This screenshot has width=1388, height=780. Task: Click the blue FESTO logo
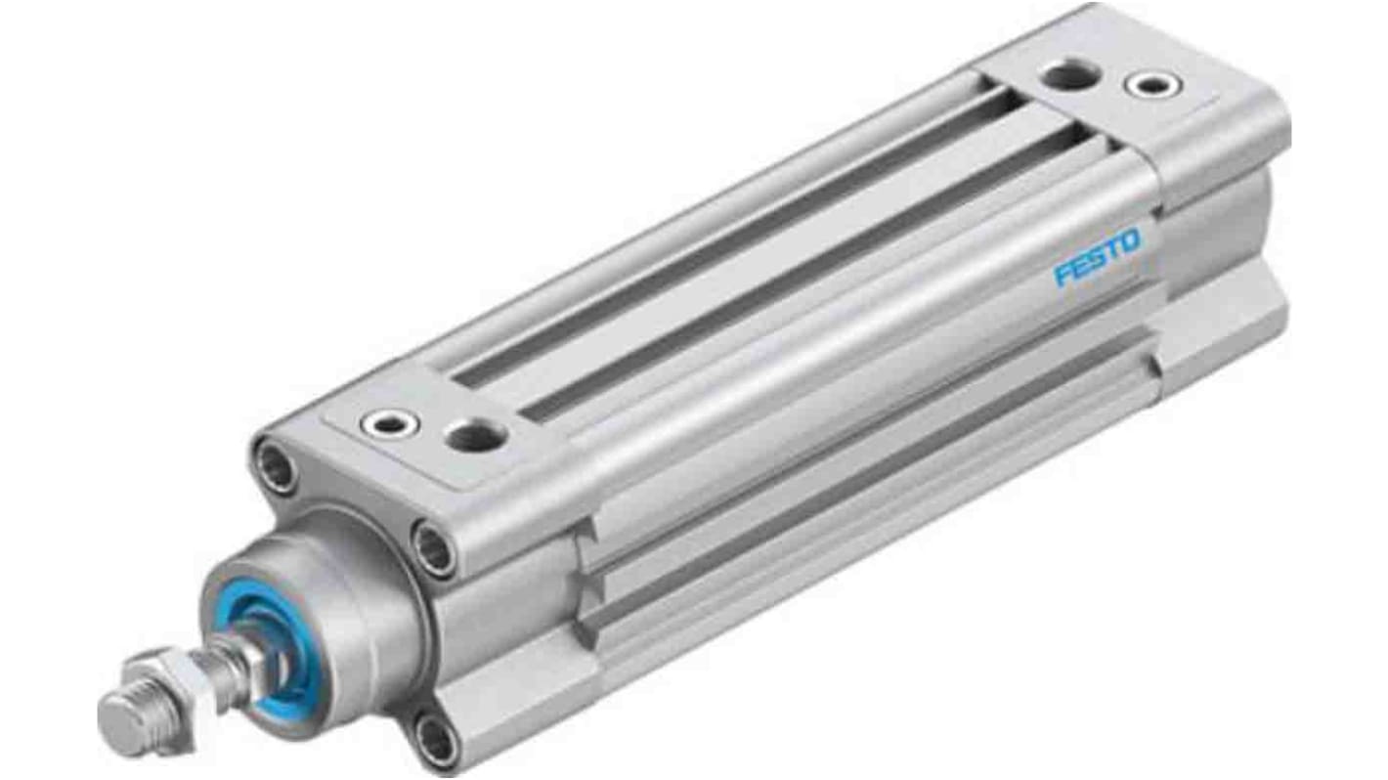click(1097, 257)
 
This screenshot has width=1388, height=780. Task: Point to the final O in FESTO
click(1129, 241)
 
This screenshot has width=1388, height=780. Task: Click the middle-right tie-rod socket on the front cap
click(432, 549)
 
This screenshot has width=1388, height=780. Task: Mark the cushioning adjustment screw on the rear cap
click(1153, 85)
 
